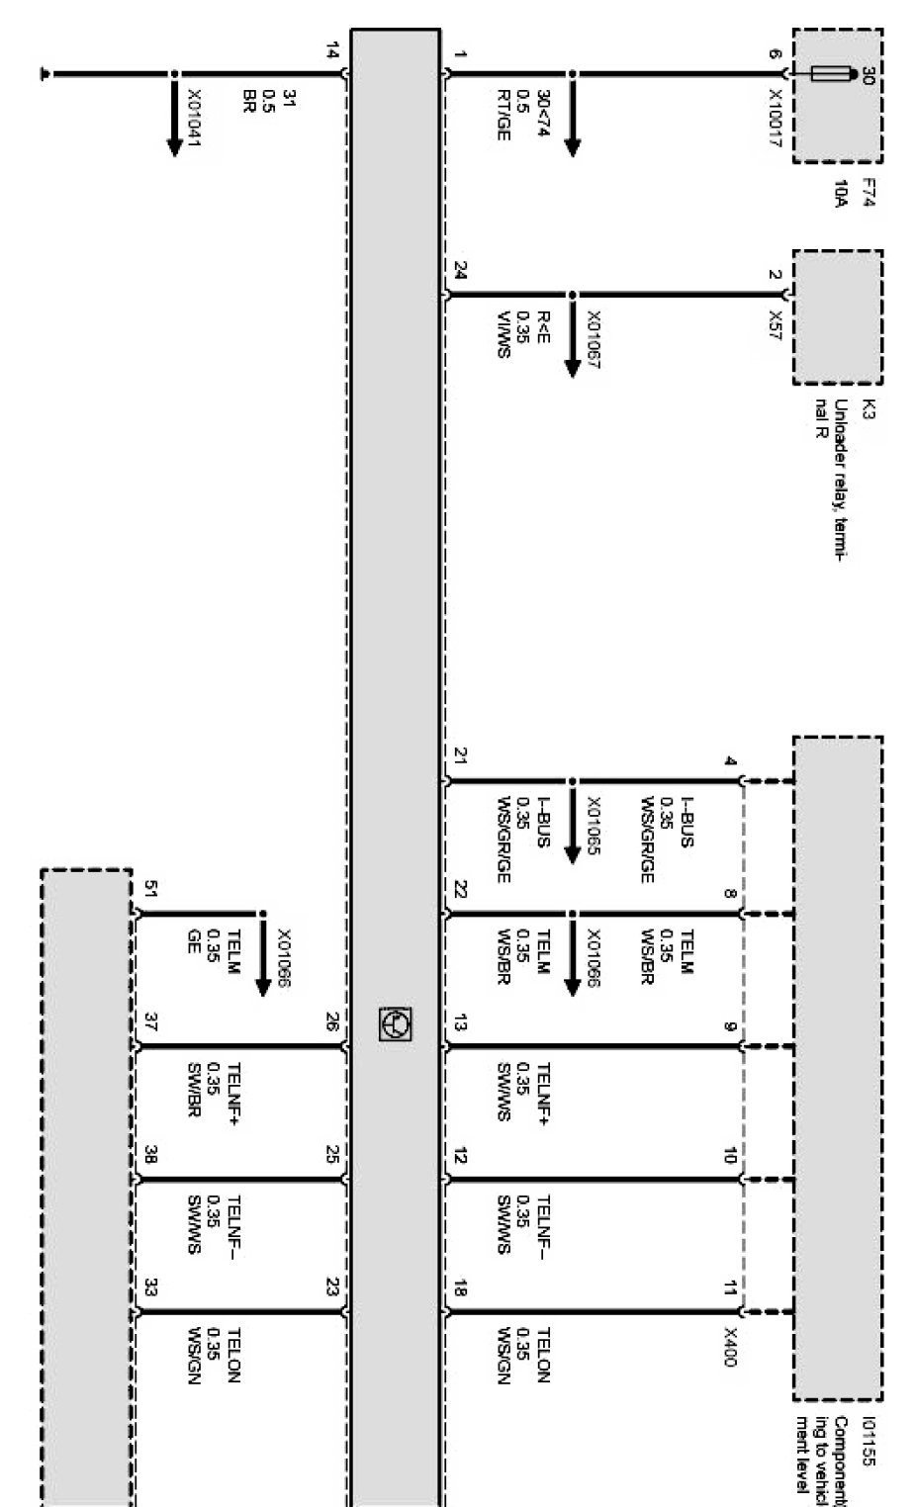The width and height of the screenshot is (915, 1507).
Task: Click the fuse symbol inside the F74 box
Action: point(830,74)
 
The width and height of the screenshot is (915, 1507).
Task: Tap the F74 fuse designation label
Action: point(867,193)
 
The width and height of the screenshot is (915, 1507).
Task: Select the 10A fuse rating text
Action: point(839,194)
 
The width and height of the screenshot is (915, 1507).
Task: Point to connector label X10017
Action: point(777,120)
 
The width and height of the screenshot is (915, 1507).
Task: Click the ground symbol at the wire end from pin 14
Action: point(44,74)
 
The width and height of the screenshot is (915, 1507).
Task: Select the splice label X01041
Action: point(194,119)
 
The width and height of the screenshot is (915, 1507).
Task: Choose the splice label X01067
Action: point(594,341)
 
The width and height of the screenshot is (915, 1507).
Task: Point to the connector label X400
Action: point(730,1347)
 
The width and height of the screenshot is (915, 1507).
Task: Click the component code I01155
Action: point(868,1444)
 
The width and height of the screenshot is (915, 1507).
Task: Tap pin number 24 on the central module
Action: point(460,270)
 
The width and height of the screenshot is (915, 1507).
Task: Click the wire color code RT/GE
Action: point(503,115)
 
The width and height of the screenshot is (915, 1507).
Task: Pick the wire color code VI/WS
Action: point(503,334)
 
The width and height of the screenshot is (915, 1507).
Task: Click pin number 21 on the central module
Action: point(460,756)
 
